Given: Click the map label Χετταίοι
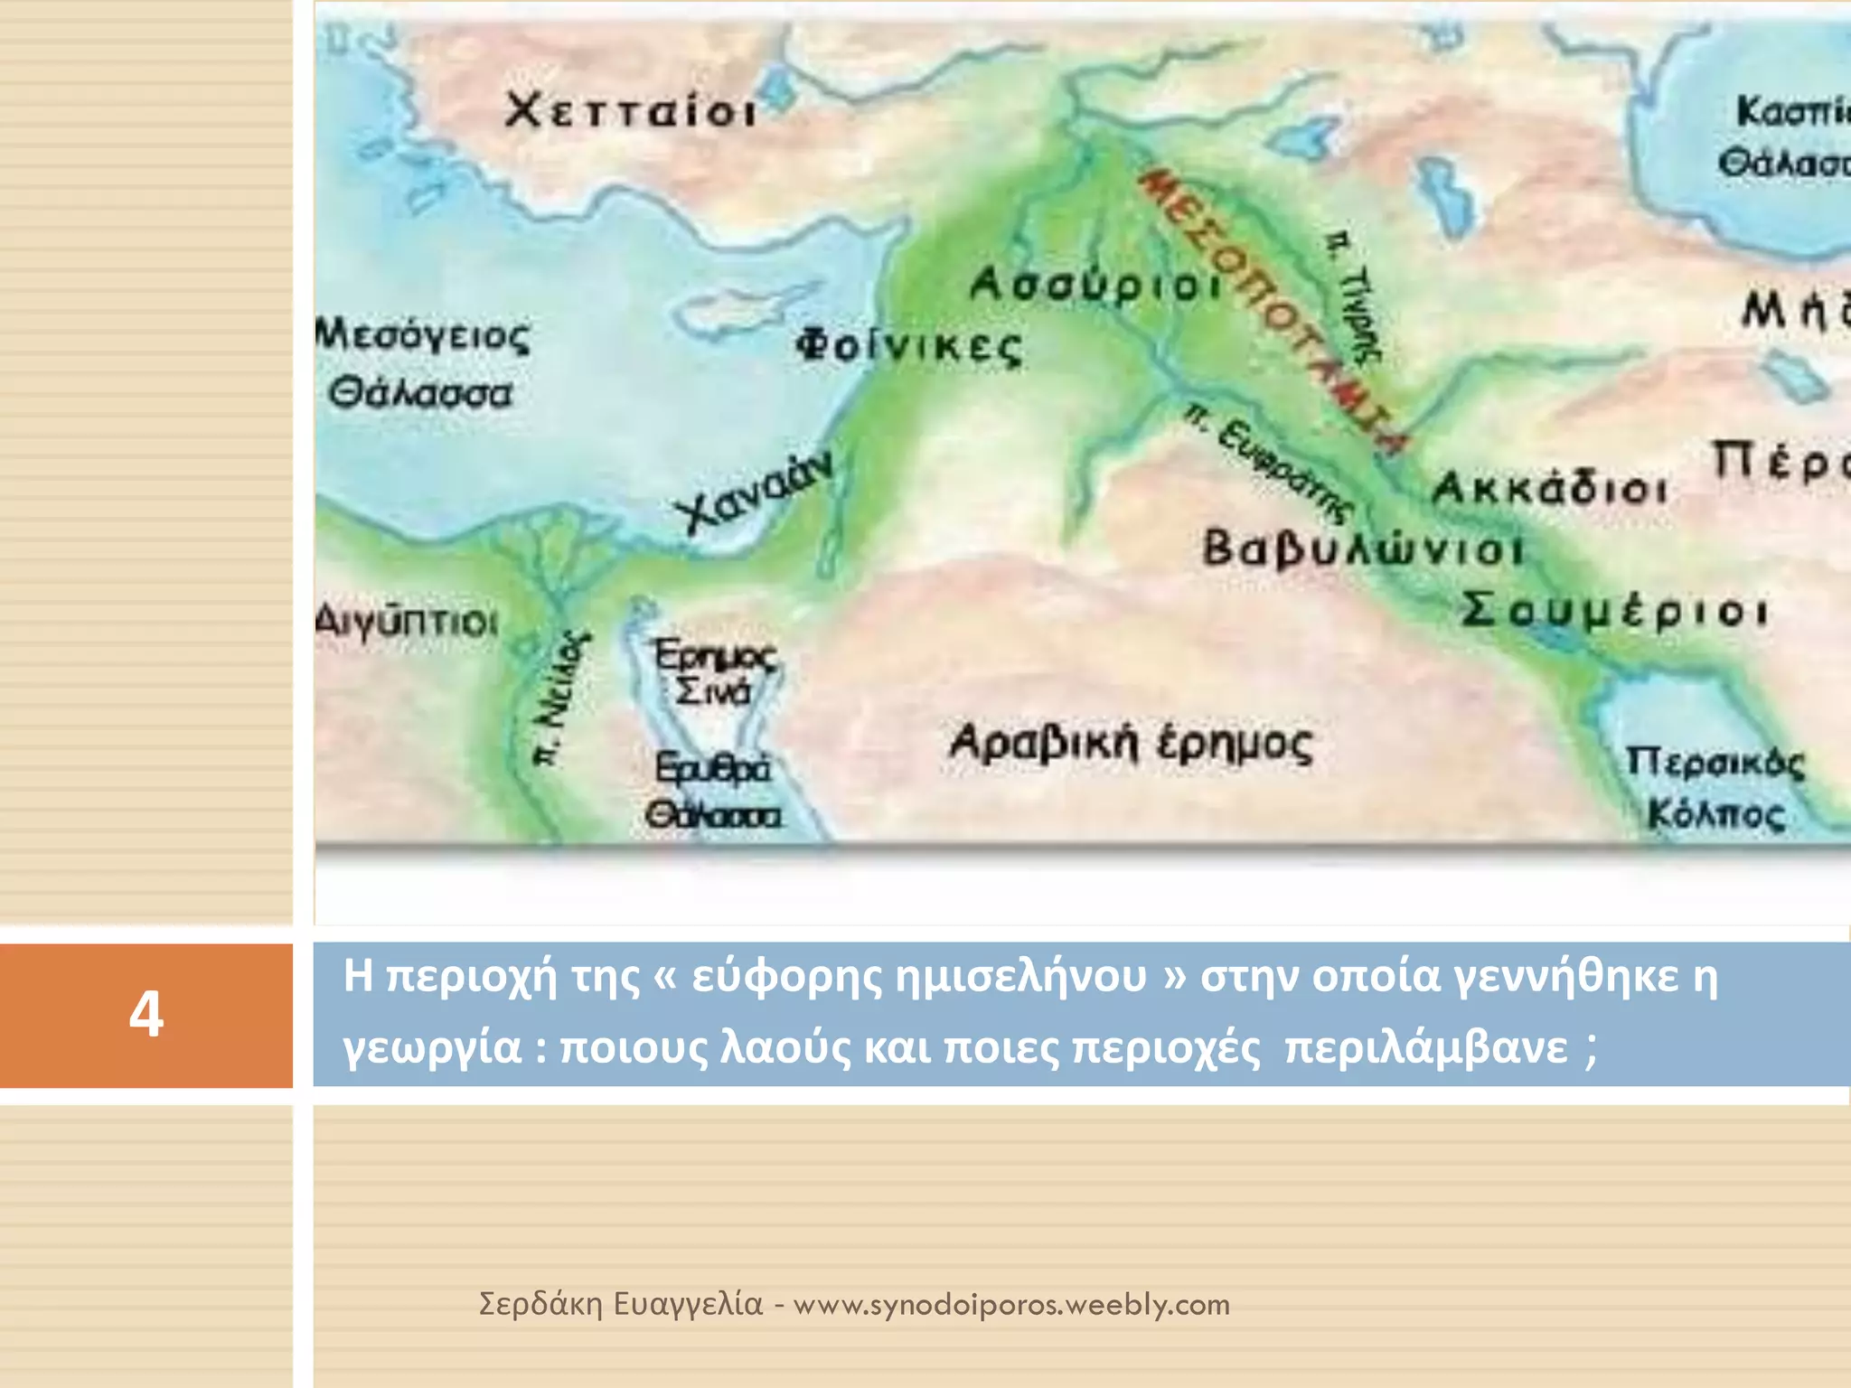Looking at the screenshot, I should click(630, 111).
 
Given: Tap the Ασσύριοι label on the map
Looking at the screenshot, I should click(1096, 285).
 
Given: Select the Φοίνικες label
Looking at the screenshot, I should click(908, 346).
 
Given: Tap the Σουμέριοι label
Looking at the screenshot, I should click(1614, 610).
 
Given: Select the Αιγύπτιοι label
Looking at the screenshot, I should click(407, 622).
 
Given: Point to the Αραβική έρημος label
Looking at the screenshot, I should click(1130, 744).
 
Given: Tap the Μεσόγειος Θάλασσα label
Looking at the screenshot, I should click(422, 364).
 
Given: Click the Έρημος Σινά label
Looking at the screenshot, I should click(714, 672).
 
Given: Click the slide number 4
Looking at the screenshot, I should click(146, 1014).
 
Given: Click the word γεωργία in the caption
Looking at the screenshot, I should click(432, 1048).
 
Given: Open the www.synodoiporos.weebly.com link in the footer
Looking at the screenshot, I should click(1011, 1304).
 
